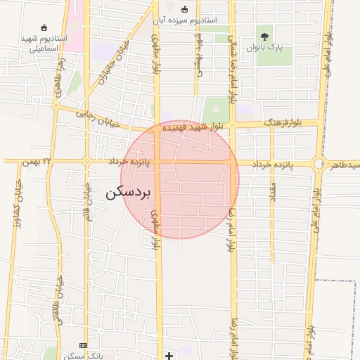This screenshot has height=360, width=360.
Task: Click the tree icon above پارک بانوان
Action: pyautogui.click(x=265, y=36)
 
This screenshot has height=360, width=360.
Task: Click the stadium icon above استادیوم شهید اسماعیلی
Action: pyautogui.click(x=44, y=27)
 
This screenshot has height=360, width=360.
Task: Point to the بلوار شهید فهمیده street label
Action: pyautogui.click(x=196, y=127)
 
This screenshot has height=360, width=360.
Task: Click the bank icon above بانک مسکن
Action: pyautogui.click(x=84, y=346)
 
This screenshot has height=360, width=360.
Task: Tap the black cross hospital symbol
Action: pyautogui.click(x=169, y=356)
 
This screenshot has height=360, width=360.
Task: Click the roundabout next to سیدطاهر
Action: pyautogui.click(x=319, y=164)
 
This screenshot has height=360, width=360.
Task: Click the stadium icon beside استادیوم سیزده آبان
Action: pyautogui.click(x=185, y=9)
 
